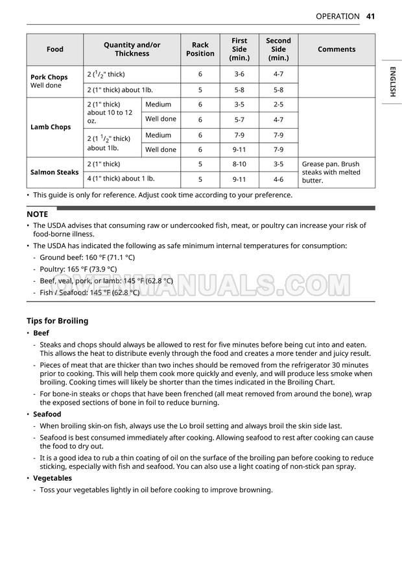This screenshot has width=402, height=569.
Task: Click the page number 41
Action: click(371, 16)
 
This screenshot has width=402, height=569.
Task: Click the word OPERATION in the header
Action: click(337, 16)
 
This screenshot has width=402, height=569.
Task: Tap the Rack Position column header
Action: click(200, 49)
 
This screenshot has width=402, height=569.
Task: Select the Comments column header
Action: click(337, 49)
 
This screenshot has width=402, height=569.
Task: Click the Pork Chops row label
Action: click(49, 77)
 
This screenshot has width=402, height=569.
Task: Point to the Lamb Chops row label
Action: click(51, 127)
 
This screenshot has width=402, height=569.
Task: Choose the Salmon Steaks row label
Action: click(54, 172)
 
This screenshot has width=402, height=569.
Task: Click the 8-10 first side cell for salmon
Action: click(239, 164)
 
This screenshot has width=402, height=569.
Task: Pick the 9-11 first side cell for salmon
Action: click(239, 179)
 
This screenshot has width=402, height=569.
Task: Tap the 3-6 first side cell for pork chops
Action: click(239, 74)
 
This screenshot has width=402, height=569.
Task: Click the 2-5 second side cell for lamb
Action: click(278, 105)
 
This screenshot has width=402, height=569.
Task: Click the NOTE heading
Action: click(38, 214)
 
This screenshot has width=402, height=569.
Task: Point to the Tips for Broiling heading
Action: click(57, 321)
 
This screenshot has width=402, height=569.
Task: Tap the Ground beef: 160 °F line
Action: click(88, 257)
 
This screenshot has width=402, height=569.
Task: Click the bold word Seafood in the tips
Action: click(47, 414)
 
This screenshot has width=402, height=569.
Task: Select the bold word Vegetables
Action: click(53, 478)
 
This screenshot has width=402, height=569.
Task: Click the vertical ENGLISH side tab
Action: click(392, 82)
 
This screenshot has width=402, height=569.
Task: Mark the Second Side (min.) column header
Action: click(278, 49)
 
